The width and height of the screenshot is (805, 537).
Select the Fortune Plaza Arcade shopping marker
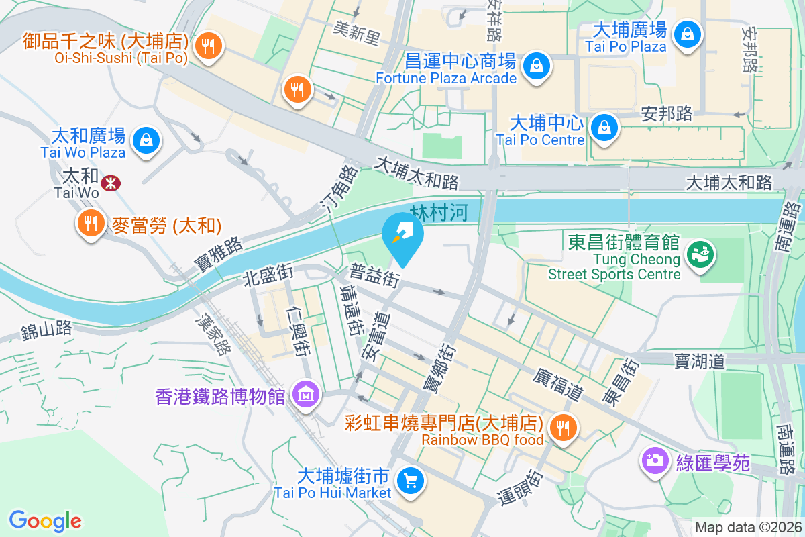tap(537, 66)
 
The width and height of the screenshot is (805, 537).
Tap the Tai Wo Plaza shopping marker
tap(145, 140)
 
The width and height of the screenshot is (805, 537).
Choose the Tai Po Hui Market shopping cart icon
tap(410, 480)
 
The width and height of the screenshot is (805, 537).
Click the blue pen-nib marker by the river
tap(402, 236)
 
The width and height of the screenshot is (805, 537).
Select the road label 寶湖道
tap(700, 361)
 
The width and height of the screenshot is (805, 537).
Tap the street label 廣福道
tap(557, 384)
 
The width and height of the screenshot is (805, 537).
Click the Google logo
tap(46, 520)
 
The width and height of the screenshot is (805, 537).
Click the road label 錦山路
tap(46, 330)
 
